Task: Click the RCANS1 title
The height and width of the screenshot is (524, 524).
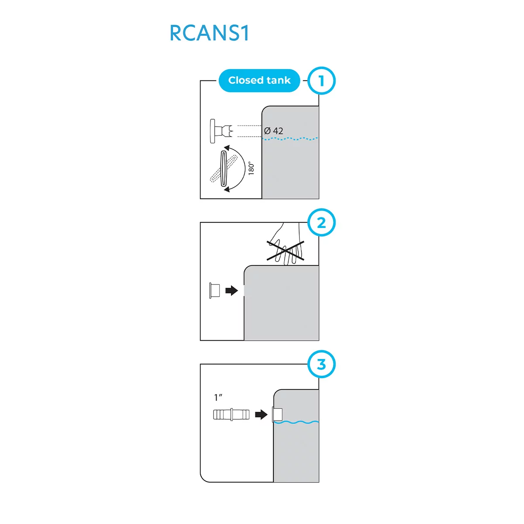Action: click(x=209, y=34)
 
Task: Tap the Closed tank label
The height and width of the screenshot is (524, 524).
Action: click(x=259, y=80)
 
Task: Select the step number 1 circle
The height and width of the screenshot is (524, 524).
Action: click(x=321, y=81)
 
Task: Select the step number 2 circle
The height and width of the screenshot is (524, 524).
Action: click(x=321, y=223)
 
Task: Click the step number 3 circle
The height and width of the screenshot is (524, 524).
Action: click(x=321, y=364)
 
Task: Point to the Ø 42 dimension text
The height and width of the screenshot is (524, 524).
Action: click(x=274, y=131)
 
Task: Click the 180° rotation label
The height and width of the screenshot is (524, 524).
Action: click(x=251, y=168)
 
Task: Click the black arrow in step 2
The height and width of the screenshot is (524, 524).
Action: click(x=231, y=290)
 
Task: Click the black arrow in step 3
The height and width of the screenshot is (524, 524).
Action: click(x=261, y=414)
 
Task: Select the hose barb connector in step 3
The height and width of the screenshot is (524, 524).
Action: click(x=231, y=414)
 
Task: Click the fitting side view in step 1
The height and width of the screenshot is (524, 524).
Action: click(x=221, y=131)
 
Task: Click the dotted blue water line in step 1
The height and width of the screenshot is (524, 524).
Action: click(x=290, y=139)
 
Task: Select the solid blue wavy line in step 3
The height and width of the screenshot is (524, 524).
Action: click(x=297, y=422)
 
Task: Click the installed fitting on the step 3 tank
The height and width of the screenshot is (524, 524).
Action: click(x=277, y=414)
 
